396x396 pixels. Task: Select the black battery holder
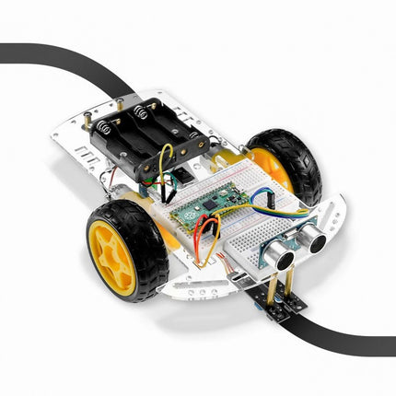click(147, 138)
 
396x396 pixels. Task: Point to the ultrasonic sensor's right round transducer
click(316, 239)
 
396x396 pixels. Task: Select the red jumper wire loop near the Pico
click(208, 236)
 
